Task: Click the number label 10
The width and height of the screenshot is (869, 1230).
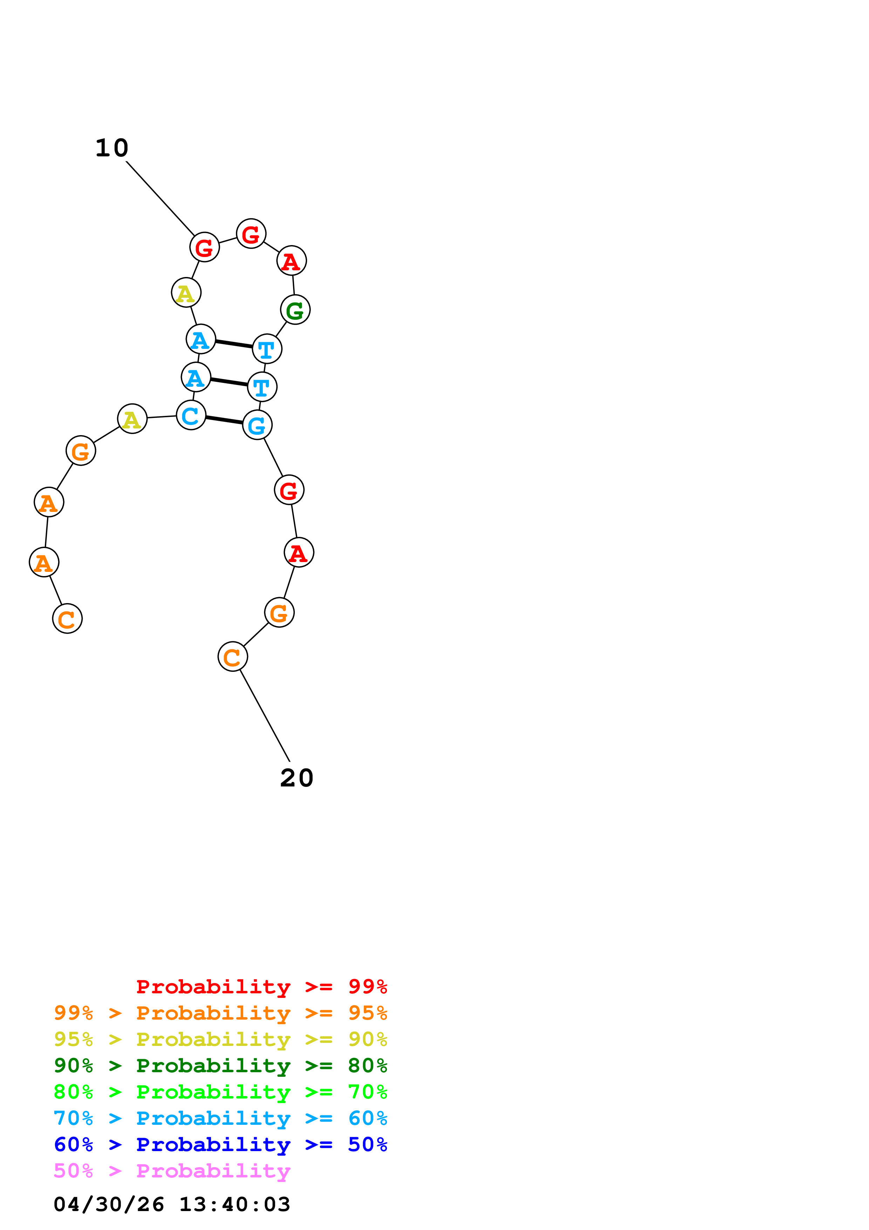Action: (x=112, y=148)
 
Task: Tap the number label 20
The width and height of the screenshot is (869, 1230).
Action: (x=297, y=778)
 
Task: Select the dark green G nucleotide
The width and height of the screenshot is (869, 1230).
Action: (x=295, y=310)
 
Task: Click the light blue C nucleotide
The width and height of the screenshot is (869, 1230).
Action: (x=191, y=415)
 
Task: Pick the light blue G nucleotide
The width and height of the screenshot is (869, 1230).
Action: (x=258, y=425)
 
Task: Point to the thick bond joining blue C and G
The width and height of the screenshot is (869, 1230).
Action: (x=224, y=420)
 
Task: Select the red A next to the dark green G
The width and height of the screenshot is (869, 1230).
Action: (x=291, y=261)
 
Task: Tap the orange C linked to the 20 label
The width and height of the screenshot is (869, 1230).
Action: (x=233, y=656)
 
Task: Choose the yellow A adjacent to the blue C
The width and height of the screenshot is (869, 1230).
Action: (x=132, y=418)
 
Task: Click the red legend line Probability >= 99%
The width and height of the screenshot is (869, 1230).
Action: (x=262, y=986)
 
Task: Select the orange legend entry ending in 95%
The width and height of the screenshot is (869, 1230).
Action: (x=220, y=1013)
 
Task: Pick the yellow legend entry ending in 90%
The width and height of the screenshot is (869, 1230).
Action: (x=220, y=1039)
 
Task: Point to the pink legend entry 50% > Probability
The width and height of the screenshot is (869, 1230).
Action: (x=172, y=1170)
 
